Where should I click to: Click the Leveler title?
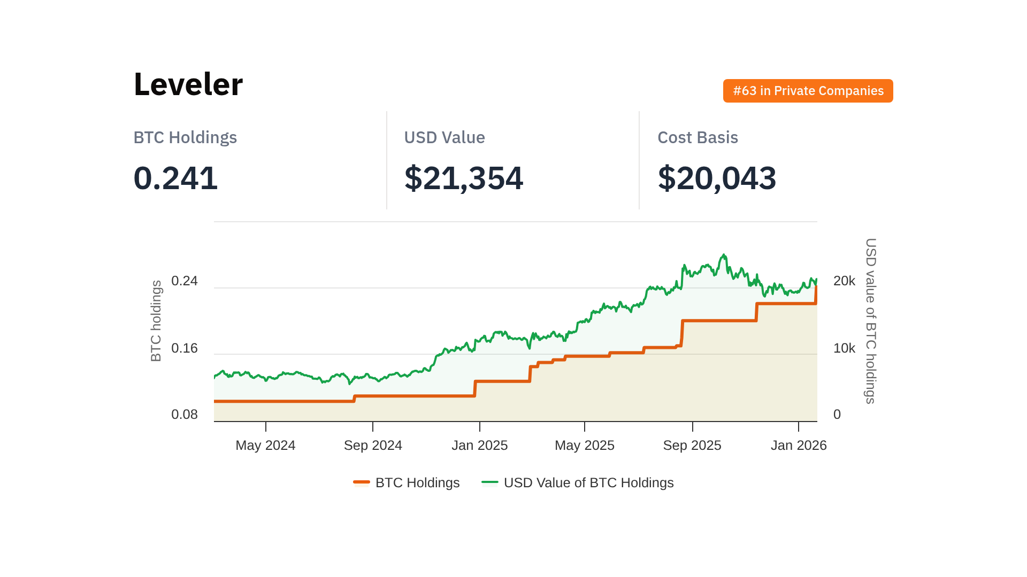[x=188, y=84]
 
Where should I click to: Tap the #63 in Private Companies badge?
[x=808, y=91]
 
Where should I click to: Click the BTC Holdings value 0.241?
[x=175, y=178]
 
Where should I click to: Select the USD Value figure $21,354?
[x=463, y=178]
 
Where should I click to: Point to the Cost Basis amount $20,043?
[x=717, y=178]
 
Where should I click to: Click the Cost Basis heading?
[x=698, y=137]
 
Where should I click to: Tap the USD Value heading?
[x=444, y=137]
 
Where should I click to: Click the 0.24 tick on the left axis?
[x=185, y=281]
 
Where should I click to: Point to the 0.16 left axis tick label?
[x=185, y=348]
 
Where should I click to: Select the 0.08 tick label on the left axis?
[x=185, y=415]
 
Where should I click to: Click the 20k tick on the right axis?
[x=844, y=281]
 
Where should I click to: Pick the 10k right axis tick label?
[x=844, y=348]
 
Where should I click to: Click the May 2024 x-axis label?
[x=265, y=446]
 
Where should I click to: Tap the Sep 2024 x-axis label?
[x=373, y=446]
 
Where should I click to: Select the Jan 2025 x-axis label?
[x=479, y=446]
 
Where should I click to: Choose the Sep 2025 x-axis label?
[x=692, y=446]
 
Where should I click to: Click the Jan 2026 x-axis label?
[x=799, y=446]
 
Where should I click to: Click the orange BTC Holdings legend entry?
[x=407, y=483]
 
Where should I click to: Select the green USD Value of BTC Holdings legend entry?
[x=578, y=483]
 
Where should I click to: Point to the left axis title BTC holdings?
[x=156, y=321]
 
